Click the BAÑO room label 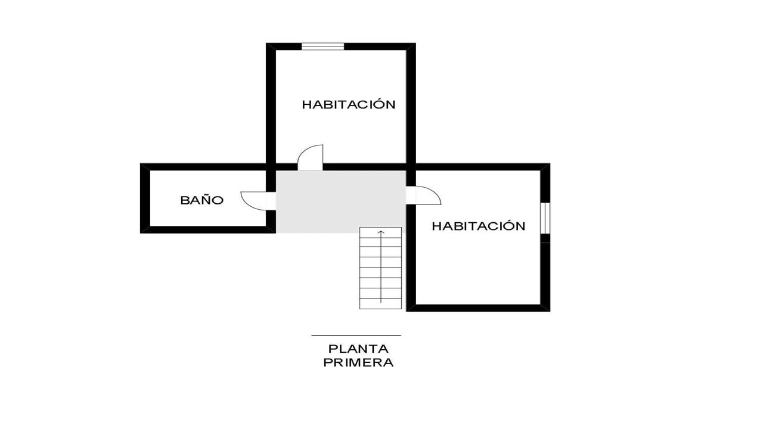tap(201, 200)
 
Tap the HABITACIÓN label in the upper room tap(349, 104)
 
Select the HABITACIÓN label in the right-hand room tap(479, 226)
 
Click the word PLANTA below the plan tap(358, 349)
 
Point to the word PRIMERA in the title tap(358, 363)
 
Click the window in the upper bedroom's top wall tap(322, 46)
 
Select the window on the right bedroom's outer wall tap(545, 218)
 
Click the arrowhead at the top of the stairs tap(381, 232)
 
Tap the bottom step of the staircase tap(380, 304)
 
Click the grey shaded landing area tap(340, 201)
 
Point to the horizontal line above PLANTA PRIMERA tap(356, 335)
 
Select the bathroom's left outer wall tap(145, 198)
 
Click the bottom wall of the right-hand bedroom tap(478, 308)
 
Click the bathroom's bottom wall tap(208, 229)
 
